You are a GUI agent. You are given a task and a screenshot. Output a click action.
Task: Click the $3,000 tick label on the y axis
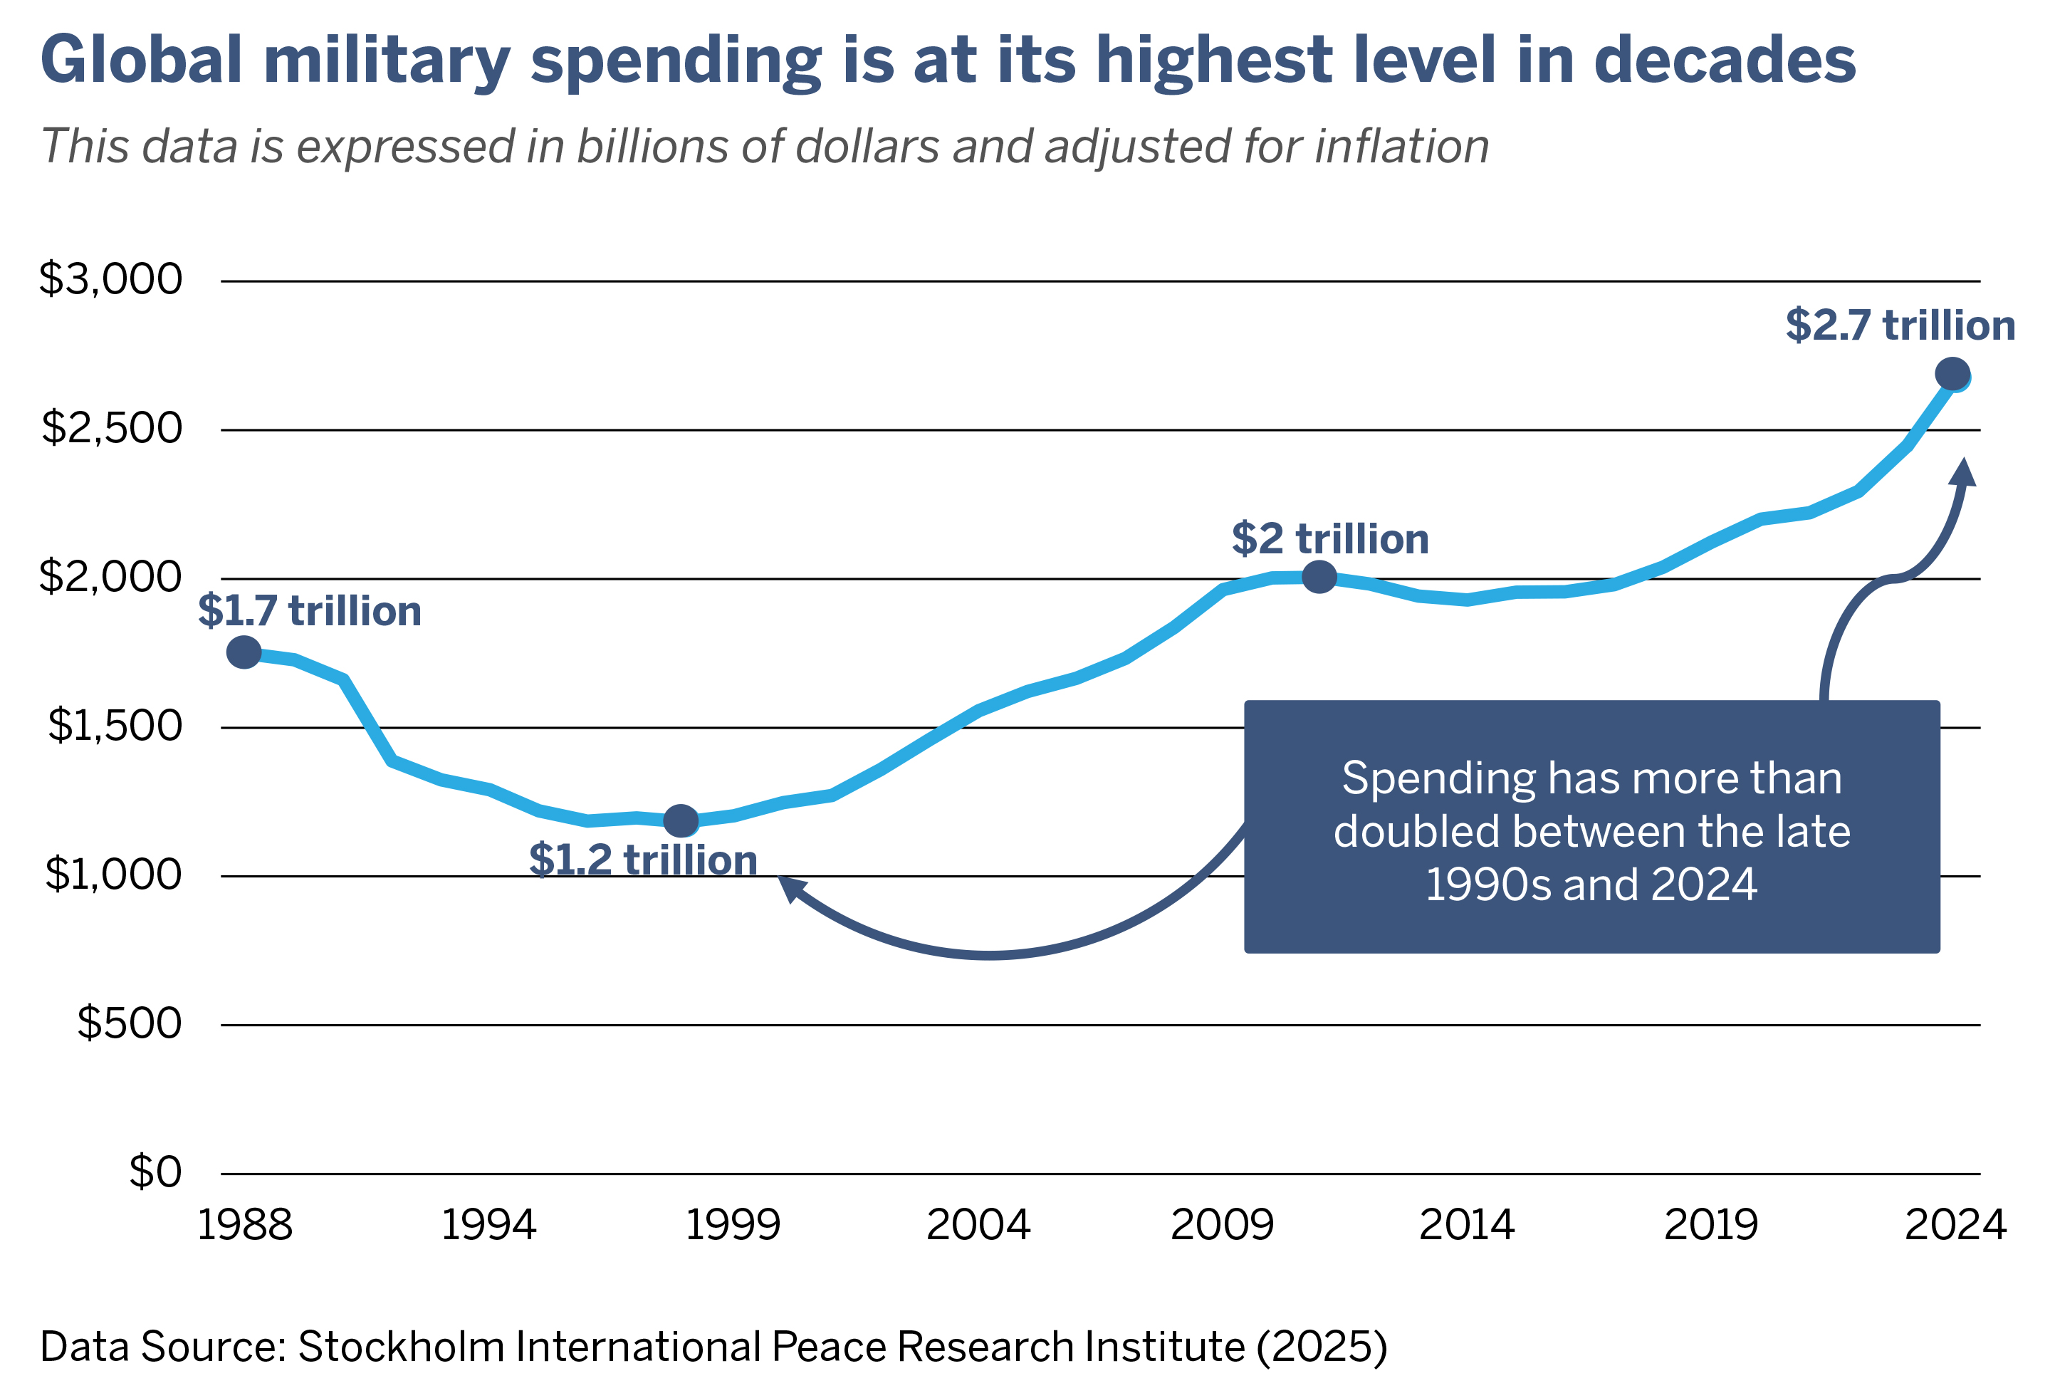(x=110, y=279)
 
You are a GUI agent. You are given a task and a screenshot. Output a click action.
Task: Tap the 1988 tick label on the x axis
(x=244, y=1226)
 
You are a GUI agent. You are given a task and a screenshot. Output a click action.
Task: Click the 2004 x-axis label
(x=978, y=1226)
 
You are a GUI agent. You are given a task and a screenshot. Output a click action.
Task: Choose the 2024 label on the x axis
(x=1955, y=1226)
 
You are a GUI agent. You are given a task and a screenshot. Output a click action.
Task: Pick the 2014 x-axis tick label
(x=1466, y=1226)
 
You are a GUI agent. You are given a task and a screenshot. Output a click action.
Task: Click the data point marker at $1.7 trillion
(x=244, y=653)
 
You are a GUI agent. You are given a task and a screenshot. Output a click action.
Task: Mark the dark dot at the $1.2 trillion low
(x=681, y=820)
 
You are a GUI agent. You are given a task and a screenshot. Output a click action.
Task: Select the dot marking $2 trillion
(x=1319, y=578)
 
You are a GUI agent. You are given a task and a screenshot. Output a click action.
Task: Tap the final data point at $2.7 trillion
(x=1952, y=374)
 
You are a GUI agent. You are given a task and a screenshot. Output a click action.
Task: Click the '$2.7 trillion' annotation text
(x=1900, y=325)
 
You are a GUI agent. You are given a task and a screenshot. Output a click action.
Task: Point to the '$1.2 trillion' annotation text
(x=643, y=860)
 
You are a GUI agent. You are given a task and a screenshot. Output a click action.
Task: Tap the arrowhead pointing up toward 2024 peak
(x=1963, y=473)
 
